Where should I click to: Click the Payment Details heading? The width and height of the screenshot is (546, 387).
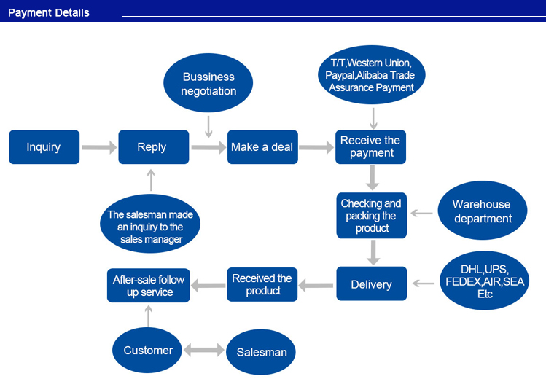[49, 12]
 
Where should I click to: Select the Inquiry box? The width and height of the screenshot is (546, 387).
[44, 147]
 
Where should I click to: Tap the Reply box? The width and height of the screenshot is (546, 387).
[152, 147]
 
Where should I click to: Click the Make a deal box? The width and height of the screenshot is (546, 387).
[262, 147]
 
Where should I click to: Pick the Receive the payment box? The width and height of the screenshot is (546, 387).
[370, 146]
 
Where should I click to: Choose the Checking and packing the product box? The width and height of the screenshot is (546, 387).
[371, 216]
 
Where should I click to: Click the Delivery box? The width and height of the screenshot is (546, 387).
[371, 284]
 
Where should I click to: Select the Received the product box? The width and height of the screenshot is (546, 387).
[262, 284]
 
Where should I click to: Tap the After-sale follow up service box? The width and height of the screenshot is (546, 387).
[148, 285]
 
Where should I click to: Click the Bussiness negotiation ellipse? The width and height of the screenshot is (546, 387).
[208, 84]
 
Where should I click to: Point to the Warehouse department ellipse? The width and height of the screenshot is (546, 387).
[481, 211]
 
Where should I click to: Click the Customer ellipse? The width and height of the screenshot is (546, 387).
[148, 351]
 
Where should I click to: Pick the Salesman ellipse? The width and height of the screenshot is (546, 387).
[261, 352]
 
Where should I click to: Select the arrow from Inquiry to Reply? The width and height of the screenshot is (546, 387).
[98, 147]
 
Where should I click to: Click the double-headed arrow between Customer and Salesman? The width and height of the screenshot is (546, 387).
[204, 351]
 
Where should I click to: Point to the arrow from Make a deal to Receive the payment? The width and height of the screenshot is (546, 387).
[316, 147]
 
